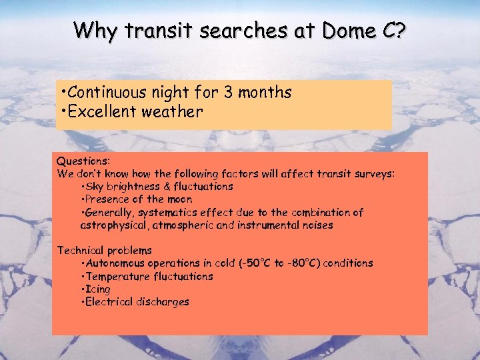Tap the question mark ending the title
399,31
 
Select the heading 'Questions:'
83,161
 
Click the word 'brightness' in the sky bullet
131,187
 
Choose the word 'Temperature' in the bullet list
115,276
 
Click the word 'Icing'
97,289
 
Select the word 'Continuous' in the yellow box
105,92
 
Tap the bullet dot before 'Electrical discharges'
81,302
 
